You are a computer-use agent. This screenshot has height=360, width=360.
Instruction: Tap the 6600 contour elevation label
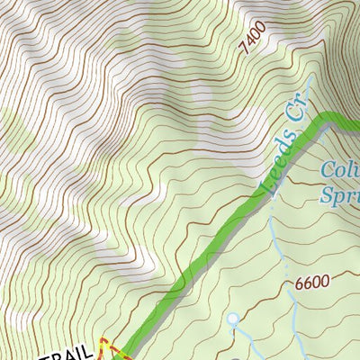coord(311,283)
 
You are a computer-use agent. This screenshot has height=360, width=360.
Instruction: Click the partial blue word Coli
coord(339,170)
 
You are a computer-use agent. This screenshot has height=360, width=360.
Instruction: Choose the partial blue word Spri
coord(340,193)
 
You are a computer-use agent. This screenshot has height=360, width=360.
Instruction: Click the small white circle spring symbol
coord(232,319)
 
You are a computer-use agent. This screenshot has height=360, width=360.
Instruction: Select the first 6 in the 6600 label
coord(298,283)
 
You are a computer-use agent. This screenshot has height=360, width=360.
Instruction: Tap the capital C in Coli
coord(326,170)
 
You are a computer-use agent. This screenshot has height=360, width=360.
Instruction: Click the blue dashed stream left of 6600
coord(278,270)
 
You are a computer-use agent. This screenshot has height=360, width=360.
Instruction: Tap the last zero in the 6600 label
coord(325,282)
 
